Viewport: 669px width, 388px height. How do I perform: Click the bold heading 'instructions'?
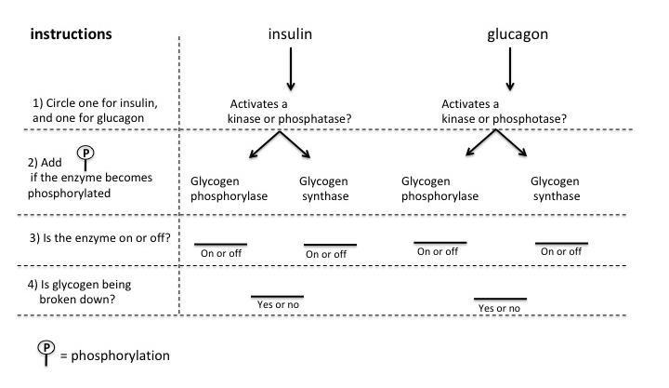tap(72, 34)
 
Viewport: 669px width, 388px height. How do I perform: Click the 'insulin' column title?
tap(290, 34)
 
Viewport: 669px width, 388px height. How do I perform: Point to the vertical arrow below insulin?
tap(291, 69)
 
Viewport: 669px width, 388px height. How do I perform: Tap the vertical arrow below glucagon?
tap(509, 69)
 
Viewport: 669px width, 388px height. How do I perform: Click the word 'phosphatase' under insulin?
tap(319, 118)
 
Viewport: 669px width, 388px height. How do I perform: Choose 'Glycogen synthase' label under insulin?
tap(324, 188)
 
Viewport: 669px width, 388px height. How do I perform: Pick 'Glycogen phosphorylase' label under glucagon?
tap(440, 188)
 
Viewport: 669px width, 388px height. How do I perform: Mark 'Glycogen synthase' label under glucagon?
tap(556, 188)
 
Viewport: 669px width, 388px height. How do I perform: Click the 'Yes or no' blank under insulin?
tap(277, 298)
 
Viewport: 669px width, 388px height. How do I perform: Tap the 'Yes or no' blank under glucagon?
tap(500, 301)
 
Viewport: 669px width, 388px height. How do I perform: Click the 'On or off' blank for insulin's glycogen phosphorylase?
tap(220, 246)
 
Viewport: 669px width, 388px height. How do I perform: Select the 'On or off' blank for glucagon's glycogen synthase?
tap(561, 245)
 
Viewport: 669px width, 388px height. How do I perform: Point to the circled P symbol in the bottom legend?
tap(46, 349)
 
